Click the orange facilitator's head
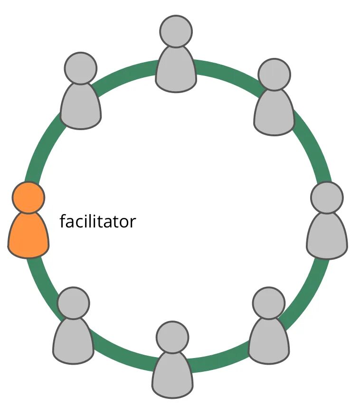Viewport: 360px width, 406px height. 28,197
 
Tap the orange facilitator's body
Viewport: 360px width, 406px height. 28,236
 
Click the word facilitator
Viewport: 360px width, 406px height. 97,221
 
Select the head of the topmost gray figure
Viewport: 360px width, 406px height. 176,31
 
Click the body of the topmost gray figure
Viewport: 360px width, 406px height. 176,70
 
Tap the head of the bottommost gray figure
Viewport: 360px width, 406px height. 172,337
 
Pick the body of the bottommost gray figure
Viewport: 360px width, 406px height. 172,376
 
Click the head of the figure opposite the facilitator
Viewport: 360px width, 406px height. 327,197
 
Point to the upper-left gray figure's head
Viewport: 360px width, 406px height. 81,68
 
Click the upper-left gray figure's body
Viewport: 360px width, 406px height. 81,107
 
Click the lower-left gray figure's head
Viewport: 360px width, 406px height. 73,303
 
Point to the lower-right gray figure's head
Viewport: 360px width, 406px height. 268,303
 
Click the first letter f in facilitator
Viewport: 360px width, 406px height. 63,221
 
